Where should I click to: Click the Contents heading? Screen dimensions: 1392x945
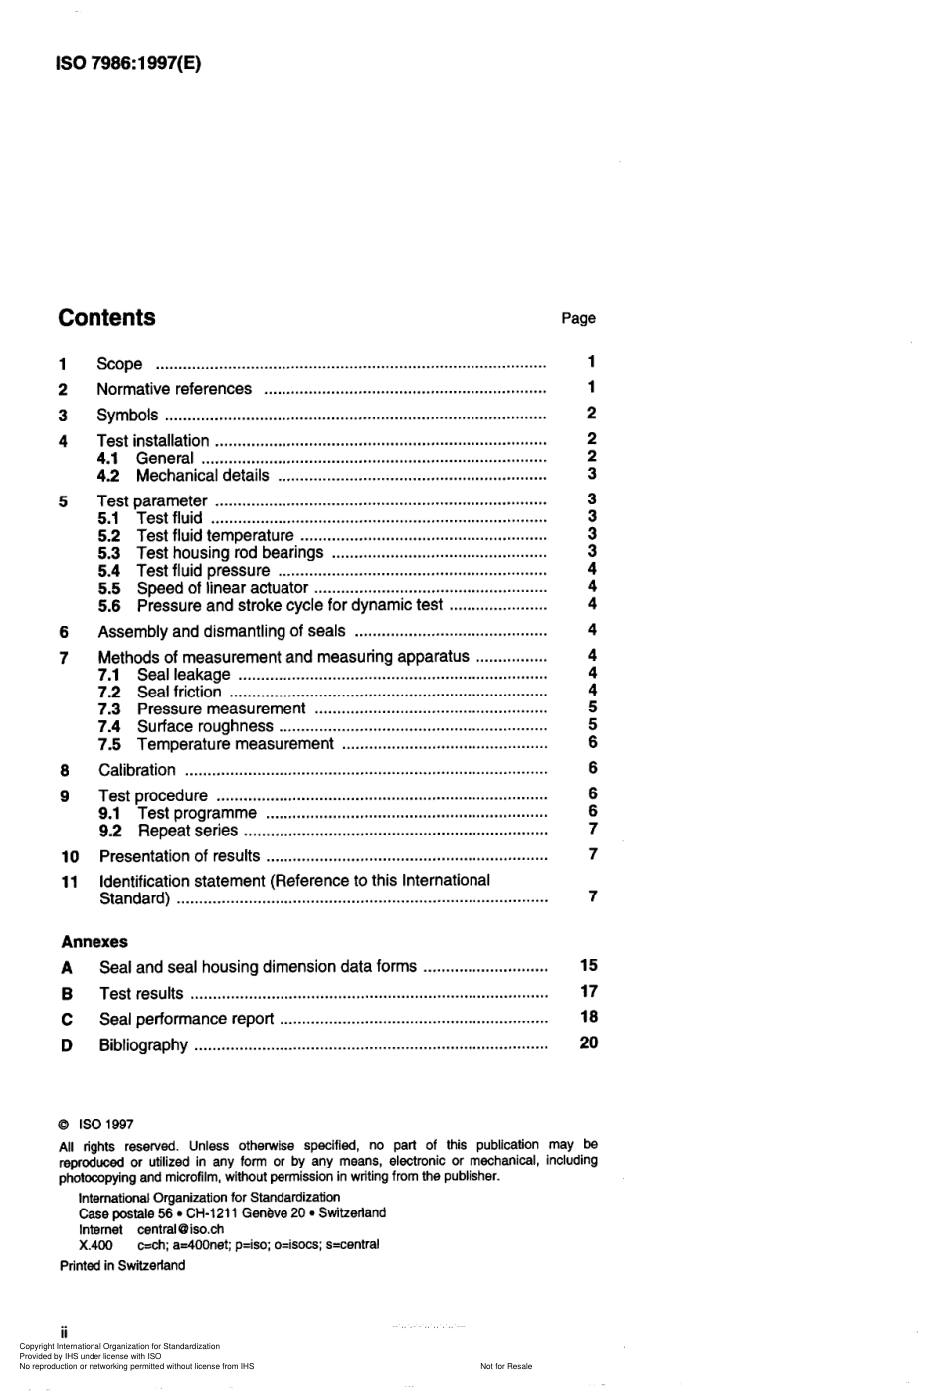(x=106, y=318)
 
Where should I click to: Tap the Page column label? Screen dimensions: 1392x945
(x=578, y=318)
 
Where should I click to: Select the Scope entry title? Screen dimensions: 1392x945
(x=119, y=364)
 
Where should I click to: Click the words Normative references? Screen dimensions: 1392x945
(x=174, y=389)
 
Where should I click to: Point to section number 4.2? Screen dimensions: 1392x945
(x=108, y=476)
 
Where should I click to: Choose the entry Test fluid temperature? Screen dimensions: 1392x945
(x=215, y=535)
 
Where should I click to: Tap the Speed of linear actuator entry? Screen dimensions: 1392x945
(x=223, y=588)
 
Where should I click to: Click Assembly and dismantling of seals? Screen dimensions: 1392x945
(x=222, y=631)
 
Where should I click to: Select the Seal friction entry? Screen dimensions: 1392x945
(x=179, y=692)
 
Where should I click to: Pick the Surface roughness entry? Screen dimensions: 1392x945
(x=205, y=726)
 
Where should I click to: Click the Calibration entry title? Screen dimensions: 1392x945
(x=137, y=770)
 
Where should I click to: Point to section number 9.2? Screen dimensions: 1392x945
(x=110, y=831)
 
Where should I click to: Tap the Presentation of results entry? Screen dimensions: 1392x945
(x=180, y=856)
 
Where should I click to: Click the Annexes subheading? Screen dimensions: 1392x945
(x=94, y=942)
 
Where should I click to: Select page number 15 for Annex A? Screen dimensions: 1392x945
(x=589, y=965)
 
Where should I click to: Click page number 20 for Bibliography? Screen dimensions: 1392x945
(x=589, y=1043)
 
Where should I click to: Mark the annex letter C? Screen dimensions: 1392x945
(x=67, y=1019)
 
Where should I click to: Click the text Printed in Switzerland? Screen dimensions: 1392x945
(x=122, y=1266)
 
